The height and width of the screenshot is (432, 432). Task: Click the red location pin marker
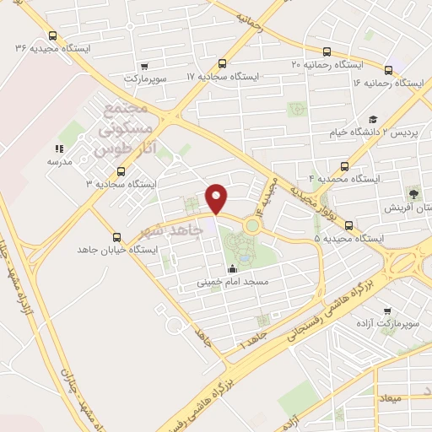tap(217, 198)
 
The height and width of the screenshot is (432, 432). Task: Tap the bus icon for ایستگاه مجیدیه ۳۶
tap(53, 36)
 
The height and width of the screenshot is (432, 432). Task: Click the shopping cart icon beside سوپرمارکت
tap(144, 66)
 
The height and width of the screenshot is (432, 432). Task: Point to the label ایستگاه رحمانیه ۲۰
tap(327, 64)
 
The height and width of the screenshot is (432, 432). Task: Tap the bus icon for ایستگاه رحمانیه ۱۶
tap(388, 70)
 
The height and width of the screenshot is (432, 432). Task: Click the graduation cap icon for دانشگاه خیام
tap(373, 120)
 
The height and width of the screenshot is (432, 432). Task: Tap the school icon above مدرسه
tap(59, 148)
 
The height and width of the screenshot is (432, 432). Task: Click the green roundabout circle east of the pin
tap(252, 225)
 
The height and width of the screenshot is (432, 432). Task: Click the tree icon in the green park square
tap(413, 194)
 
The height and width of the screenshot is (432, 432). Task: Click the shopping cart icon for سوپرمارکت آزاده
tap(387, 311)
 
